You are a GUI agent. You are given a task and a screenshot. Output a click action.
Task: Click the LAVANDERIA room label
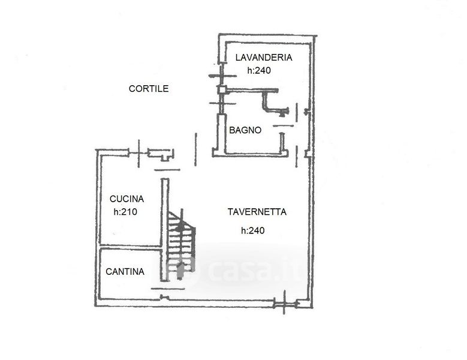(x=264, y=57)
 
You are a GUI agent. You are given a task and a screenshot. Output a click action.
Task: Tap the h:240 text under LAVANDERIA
(x=259, y=70)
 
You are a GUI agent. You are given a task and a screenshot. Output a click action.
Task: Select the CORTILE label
(x=149, y=89)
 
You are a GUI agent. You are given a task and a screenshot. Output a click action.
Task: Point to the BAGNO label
(x=245, y=130)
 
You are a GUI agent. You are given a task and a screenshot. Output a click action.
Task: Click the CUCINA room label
(x=126, y=199)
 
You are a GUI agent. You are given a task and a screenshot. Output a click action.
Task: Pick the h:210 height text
(x=125, y=212)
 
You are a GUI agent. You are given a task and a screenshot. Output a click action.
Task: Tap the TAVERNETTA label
(x=257, y=212)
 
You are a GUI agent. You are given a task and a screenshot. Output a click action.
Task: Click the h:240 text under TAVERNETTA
(x=252, y=230)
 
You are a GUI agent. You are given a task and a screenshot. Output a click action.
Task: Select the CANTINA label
(x=125, y=271)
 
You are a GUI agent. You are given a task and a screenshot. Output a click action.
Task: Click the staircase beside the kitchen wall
(x=181, y=241)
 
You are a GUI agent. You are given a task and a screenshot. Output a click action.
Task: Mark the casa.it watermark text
(x=253, y=270)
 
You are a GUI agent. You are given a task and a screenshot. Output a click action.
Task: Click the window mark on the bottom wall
(x=284, y=304)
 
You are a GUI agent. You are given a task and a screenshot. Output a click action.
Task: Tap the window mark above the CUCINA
(x=138, y=153)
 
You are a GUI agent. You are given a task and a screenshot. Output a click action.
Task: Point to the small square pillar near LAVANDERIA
(x=222, y=90)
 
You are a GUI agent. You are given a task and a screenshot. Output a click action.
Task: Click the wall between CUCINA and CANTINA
(x=131, y=247)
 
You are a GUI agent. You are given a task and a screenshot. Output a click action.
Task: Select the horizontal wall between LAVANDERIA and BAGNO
(x=252, y=90)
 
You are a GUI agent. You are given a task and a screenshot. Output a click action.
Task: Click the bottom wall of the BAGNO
(x=250, y=154)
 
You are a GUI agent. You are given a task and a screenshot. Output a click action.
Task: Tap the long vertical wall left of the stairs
(x=165, y=230)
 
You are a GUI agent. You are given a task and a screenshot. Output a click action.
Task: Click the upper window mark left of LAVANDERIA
(x=222, y=76)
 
